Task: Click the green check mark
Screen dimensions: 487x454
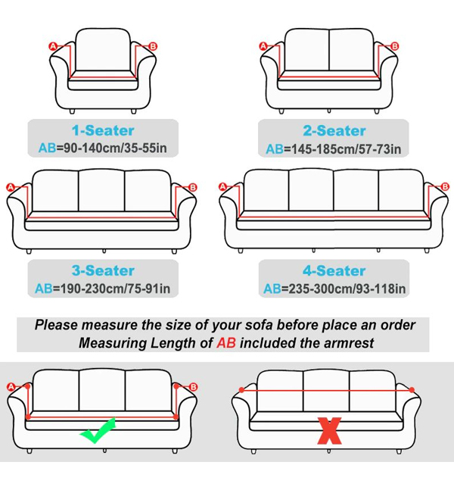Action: [x=98, y=432]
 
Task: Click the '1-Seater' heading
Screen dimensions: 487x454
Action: [x=103, y=131]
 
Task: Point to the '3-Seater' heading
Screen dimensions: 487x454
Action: [x=103, y=270]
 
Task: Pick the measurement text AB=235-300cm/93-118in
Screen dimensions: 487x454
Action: [x=335, y=288]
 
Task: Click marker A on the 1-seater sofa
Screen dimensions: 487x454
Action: [x=53, y=46]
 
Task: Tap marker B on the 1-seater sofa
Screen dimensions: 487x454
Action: [x=154, y=46]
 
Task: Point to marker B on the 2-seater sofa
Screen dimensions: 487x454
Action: [x=394, y=46]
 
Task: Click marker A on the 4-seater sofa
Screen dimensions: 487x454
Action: [x=222, y=186]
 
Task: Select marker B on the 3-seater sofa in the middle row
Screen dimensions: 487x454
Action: [x=192, y=186]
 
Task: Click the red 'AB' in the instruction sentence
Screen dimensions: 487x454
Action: [x=225, y=342]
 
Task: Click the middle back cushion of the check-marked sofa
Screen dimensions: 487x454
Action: [x=102, y=387]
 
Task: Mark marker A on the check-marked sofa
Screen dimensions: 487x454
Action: [x=11, y=386]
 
